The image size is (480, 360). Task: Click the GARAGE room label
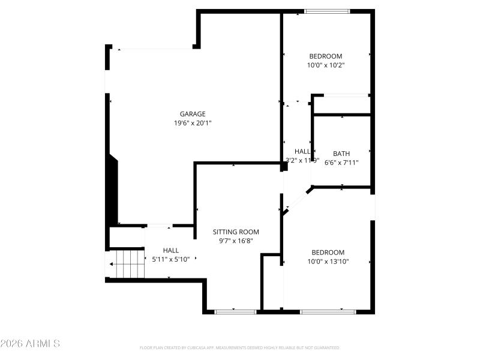[x=193, y=114]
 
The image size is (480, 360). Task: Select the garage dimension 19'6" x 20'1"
[x=193, y=123]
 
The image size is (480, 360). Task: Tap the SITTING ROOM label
[x=236, y=232]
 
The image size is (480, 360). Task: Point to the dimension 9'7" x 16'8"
[x=236, y=241]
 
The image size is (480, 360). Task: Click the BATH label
[x=341, y=154]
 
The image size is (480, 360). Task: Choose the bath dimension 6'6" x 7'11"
[x=341, y=163]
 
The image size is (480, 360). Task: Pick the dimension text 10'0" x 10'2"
[x=325, y=65]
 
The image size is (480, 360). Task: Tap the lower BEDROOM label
[x=328, y=252]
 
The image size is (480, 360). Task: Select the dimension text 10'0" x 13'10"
[x=328, y=262]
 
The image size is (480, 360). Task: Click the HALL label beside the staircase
[x=170, y=250]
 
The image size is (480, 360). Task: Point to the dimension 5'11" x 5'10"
[x=170, y=259]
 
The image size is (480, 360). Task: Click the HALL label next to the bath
[x=302, y=151]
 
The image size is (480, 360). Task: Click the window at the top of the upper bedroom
[x=327, y=11]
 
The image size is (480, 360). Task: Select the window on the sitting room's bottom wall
[x=235, y=311]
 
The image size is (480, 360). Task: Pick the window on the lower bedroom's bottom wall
[x=328, y=311]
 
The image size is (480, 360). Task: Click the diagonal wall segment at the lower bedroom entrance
[x=297, y=200]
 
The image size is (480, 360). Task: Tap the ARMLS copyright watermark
[x=30, y=344]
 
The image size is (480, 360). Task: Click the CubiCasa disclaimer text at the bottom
[x=239, y=348]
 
